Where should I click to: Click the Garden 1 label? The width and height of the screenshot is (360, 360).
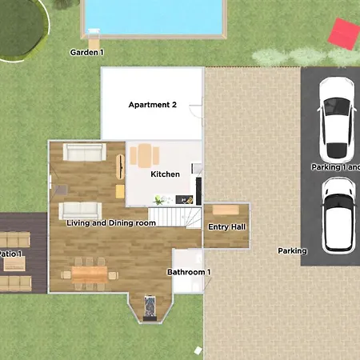coord(87,53)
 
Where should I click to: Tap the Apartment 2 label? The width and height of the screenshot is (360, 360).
coord(153,105)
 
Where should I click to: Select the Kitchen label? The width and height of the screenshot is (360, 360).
coord(166,174)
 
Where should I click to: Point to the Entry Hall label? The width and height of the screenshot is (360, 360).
coord(226,227)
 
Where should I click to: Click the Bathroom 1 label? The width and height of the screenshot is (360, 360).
coord(189,272)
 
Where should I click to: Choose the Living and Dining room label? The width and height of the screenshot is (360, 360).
coord(111,223)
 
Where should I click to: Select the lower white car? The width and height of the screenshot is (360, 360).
coord(338,213)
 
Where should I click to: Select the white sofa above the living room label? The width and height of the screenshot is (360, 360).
coord(79,210)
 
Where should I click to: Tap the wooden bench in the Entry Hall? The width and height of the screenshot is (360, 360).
coord(226,210)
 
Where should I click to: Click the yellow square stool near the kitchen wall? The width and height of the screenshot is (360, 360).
coord(120,190)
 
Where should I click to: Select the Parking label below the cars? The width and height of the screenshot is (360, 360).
coord(292,251)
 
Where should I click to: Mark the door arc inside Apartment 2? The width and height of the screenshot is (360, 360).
coord(194,117)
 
